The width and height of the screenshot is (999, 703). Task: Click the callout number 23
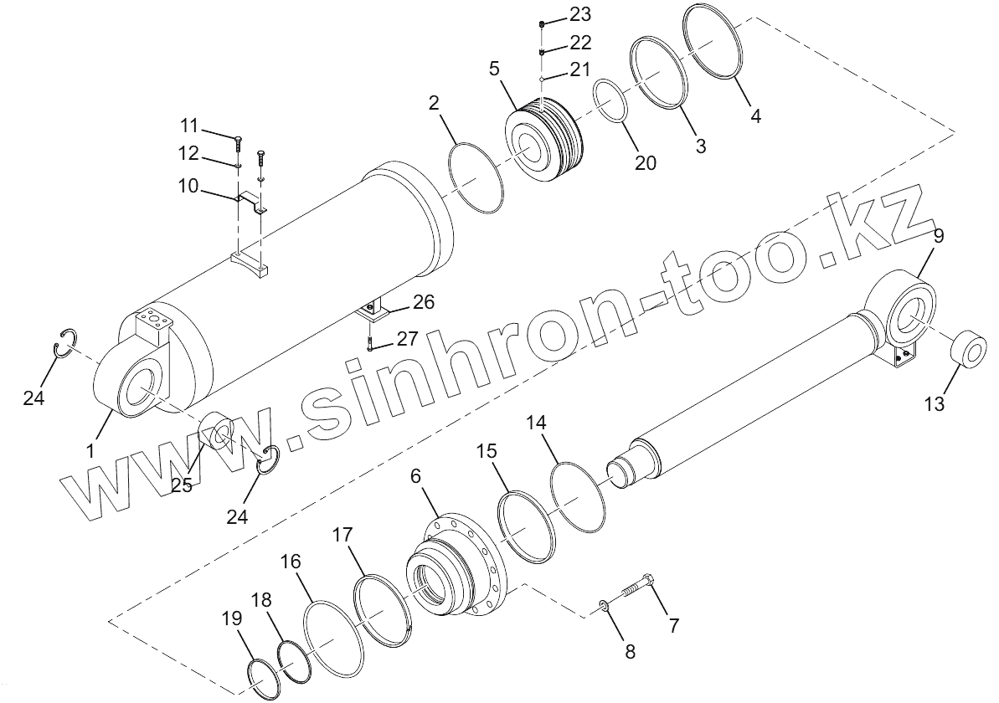click(580, 14)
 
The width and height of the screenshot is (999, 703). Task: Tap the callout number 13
click(934, 403)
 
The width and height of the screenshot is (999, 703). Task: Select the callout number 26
click(423, 301)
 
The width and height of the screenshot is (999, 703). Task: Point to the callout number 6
click(415, 475)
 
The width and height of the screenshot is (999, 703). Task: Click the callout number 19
click(231, 618)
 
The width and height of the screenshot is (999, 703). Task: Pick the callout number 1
click(91, 451)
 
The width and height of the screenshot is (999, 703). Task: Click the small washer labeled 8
click(604, 603)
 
